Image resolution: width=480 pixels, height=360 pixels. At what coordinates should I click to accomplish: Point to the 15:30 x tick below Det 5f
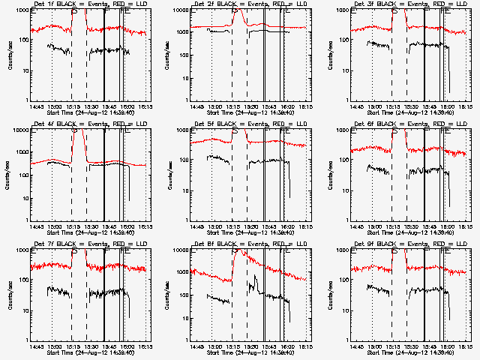[x=251, y=227]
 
